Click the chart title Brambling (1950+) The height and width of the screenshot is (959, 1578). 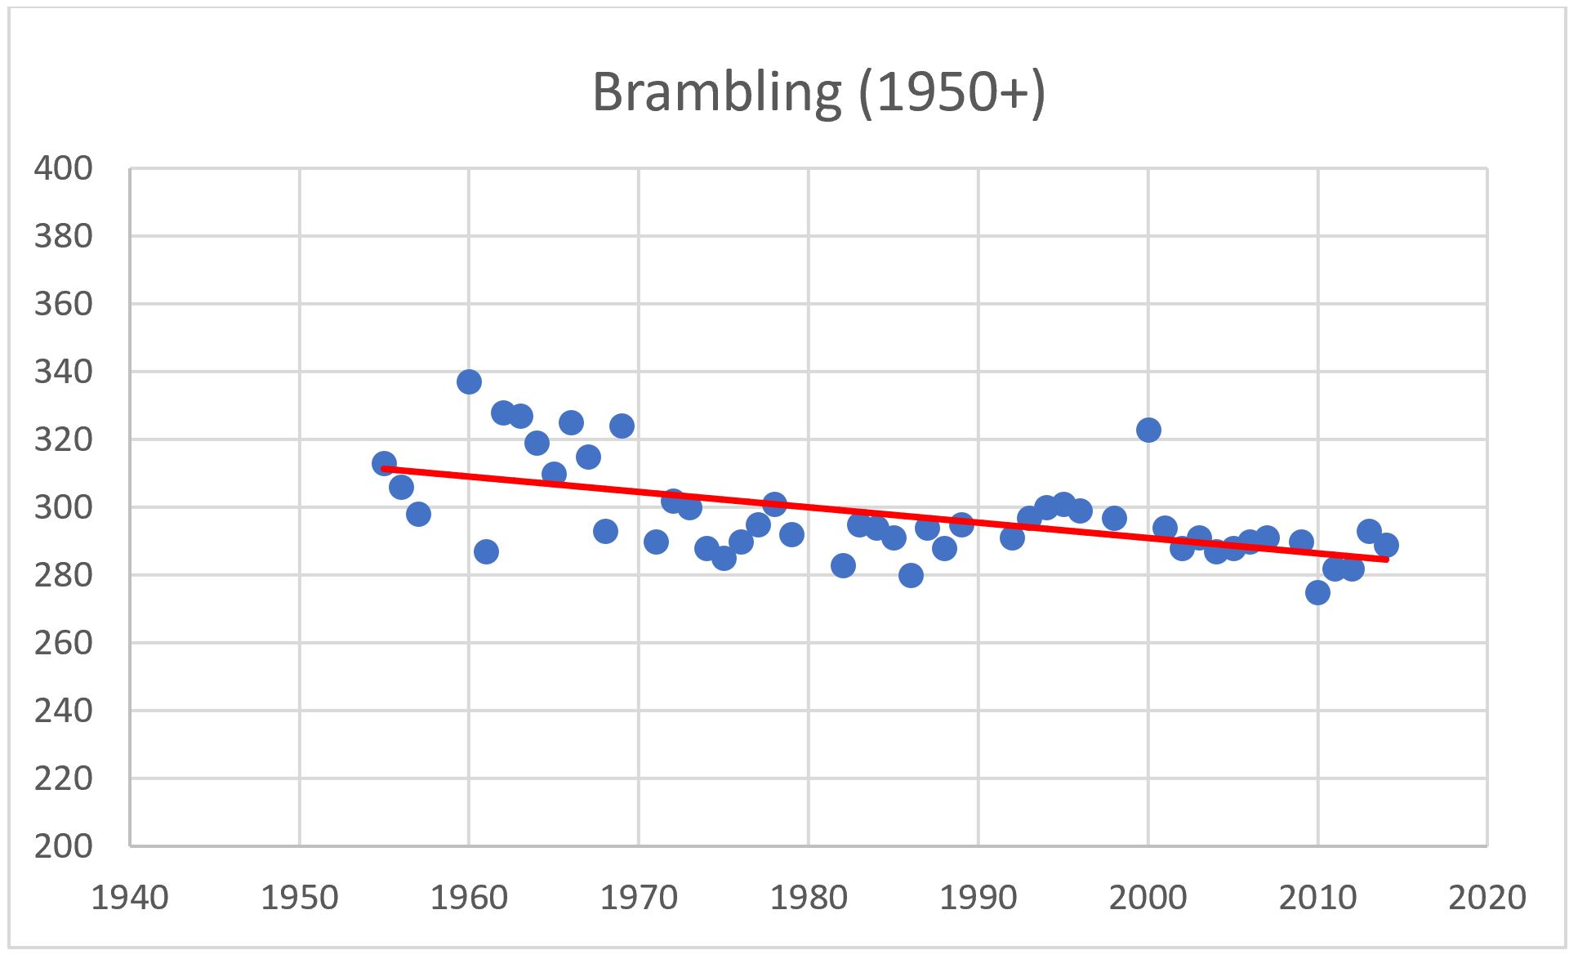coord(818,91)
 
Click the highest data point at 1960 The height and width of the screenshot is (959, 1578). coord(469,381)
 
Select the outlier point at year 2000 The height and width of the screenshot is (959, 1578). coord(1148,430)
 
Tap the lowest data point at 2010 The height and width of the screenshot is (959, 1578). coord(1317,592)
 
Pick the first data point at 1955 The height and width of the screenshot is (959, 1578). coord(384,463)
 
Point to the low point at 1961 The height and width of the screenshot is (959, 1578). coord(486,551)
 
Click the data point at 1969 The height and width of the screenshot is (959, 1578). coord(622,426)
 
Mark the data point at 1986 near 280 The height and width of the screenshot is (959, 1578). coord(911,575)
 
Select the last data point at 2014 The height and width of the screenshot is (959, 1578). coord(1386,545)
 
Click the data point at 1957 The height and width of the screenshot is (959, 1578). coord(418,514)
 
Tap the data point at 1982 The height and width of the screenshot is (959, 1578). coord(843,565)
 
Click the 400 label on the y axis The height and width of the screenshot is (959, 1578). coord(63,168)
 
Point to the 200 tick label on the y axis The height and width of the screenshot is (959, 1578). coord(63,846)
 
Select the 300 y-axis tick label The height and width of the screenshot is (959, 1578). coord(63,507)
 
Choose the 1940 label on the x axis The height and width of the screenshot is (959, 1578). coord(129,898)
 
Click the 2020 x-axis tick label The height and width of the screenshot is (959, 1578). coord(1487,898)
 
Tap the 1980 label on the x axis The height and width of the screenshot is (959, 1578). coord(809,898)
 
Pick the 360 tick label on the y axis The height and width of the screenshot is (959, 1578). coord(63,304)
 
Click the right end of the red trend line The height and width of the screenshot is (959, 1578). coord(1387,559)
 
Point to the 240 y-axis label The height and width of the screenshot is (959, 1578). coord(63,711)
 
